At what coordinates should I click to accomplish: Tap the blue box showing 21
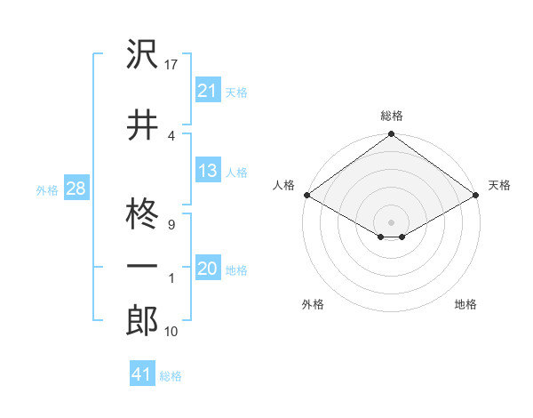(x=207, y=90)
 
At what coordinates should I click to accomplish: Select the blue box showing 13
(x=207, y=171)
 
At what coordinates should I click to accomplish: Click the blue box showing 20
(x=207, y=269)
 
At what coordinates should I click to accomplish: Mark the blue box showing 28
(x=75, y=189)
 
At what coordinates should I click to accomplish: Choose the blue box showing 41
(x=141, y=374)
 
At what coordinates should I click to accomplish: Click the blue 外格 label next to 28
(x=46, y=189)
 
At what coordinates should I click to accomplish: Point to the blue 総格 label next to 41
(x=171, y=376)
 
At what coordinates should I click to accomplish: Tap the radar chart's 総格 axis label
(x=391, y=116)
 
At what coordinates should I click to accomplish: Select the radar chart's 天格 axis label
(x=499, y=185)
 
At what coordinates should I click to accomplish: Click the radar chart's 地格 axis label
(x=465, y=304)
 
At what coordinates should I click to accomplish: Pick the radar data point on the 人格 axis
(x=306, y=195)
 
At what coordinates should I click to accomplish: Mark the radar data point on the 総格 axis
(x=391, y=135)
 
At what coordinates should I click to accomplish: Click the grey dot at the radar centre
(x=391, y=221)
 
